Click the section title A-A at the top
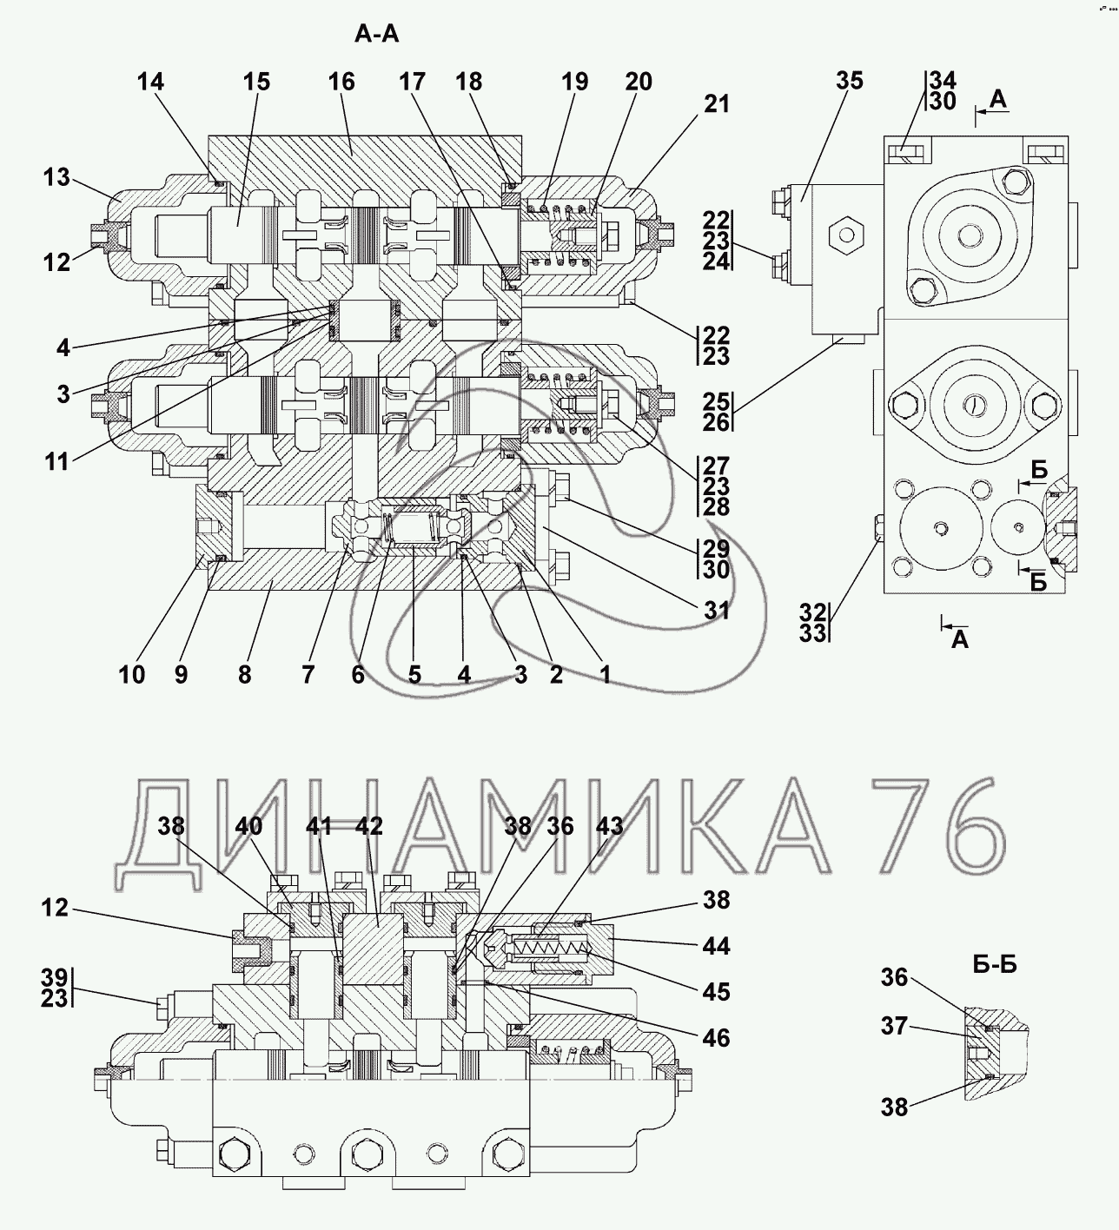(377, 36)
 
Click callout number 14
(150, 83)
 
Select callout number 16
(341, 83)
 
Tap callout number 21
(717, 104)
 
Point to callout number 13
(57, 178)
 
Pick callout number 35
(850, 81)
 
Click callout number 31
(717, 612)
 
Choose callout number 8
(244, 674)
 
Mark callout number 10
(132, 674)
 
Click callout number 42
(369, 826)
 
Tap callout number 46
(717, 1037)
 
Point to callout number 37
(895, 1027)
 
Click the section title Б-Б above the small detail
(994, 964)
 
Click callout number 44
(717, 946)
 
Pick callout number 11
(57, 461)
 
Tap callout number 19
(574, 83)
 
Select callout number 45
(717, 992)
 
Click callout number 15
(256, 83)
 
